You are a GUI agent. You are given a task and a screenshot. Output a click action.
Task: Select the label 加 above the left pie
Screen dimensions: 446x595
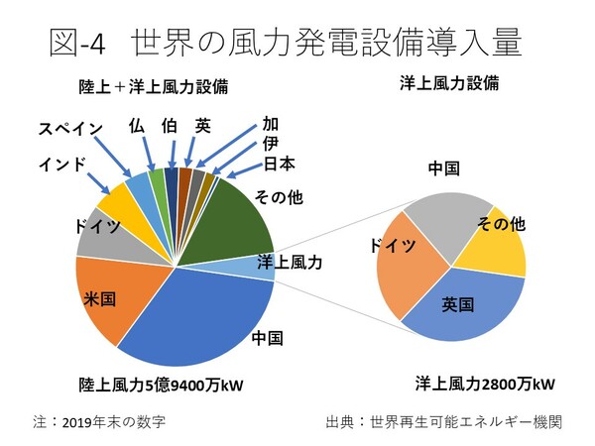pos(270,124)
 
